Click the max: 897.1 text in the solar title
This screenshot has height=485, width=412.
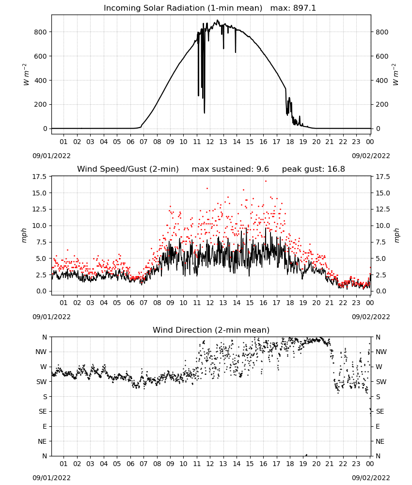tap(293, 8)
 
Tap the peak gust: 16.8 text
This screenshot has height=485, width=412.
tap(314, 169)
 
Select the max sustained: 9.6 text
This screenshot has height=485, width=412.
tap(230, 169)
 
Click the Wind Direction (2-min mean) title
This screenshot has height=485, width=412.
tap(211, 330)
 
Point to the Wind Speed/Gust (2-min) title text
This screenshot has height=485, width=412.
tap(128, 169)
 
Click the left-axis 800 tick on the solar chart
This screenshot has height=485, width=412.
tap(41, 32)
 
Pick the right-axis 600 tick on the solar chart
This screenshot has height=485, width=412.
tap(382, 56)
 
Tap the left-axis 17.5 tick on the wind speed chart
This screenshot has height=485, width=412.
tap(39, 177)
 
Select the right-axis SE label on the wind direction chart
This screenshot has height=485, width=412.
tap(380, 411)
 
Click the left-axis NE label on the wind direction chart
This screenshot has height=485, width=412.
tap(42, 441)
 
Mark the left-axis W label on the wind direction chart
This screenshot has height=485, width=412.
tap(44, 367)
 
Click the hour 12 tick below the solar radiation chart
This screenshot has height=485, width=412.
tap(210, 142)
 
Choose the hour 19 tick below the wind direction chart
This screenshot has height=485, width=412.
tap(303, 464)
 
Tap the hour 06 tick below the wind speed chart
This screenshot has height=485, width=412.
tap(130, 303)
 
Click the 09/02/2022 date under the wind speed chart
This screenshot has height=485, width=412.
tap(371, 317)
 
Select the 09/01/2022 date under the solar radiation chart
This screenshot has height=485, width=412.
tap(51, 156)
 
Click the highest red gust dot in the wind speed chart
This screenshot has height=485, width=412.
tap(266, 181)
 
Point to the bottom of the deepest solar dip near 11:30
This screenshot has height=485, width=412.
tap(204, 113)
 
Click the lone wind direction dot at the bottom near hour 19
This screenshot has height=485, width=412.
tap(306, 455)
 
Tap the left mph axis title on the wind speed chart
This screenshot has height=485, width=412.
tap(24, 235)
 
